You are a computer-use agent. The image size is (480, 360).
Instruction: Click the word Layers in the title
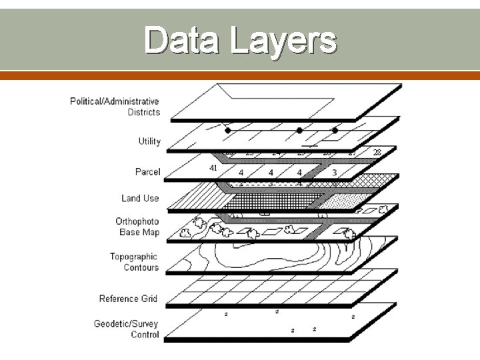pyautogui.click(x=283, y=41)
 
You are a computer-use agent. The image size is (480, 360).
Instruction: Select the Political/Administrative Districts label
pyautogui.click(x=115, y=107)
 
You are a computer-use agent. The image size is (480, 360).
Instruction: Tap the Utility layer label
pyautogui.click(x=149, y=141)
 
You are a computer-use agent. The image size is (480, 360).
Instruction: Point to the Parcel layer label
pyautogui.click(x=147, y=172)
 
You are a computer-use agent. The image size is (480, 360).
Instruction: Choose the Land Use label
pyautogui.click(x=140, y=198)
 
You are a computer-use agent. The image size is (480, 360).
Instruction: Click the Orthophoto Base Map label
pyautogui.click(x=137, y=227)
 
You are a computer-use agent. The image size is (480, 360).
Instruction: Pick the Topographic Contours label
pyautogui.click(x=134, y=262)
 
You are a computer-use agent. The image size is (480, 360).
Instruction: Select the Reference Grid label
pyautogui.click(x=128, y=299)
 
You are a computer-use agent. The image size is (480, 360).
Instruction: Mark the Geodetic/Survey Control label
pyautogui.click(x=126, y=329)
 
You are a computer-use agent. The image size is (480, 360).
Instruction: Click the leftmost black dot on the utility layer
pyautogui.click(x=227, y=131)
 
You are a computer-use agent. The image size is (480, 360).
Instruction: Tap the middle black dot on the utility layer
pyautogui.click(x=299, y=131)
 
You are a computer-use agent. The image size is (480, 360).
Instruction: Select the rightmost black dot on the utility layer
pyautogui.click(x=335, y=131)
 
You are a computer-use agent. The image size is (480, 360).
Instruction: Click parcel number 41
pyautogui.click(x=213, y=168)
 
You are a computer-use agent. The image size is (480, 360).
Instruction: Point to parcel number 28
pyautogui.click(x=377, y=153)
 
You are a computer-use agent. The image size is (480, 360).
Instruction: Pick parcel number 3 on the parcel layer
pyautogui.click(x=334, y=173)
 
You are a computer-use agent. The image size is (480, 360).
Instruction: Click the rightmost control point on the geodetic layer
pyautogui.click(x=353, y=317)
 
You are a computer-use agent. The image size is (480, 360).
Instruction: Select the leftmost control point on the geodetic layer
pyautogui.click(x=226, y=314)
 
